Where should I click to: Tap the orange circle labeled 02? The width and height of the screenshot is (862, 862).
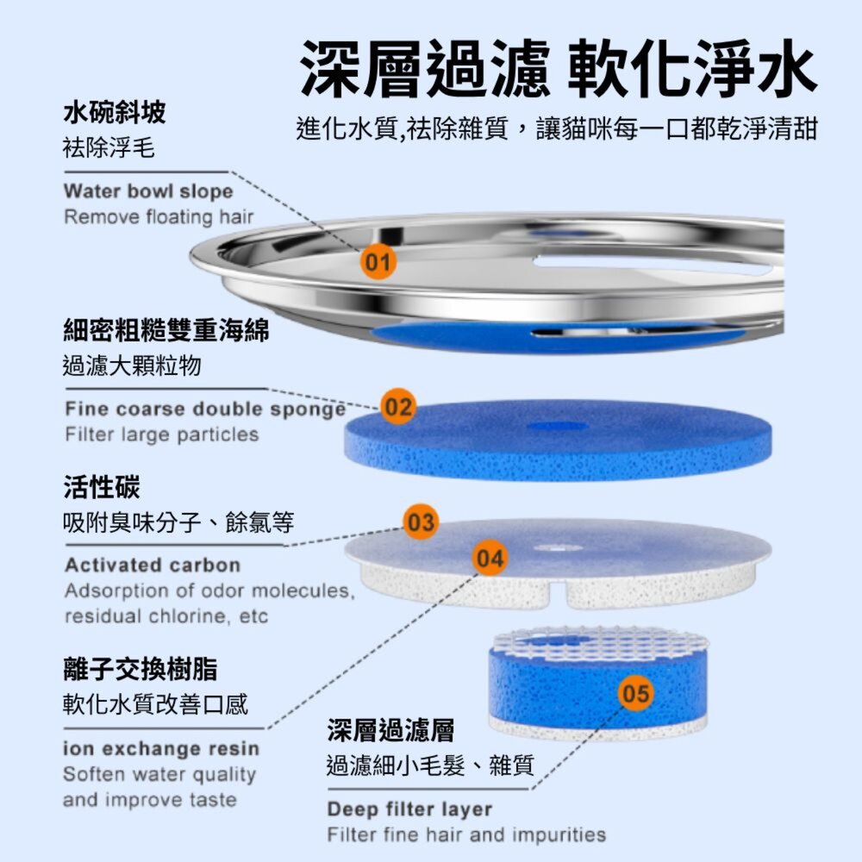397,407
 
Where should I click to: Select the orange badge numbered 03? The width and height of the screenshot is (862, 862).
422,522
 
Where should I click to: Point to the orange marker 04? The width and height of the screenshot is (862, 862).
490,559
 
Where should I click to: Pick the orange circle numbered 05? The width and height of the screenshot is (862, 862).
636,694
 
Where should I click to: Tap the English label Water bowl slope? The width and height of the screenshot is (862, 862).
148,191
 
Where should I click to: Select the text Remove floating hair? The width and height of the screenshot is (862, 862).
159,216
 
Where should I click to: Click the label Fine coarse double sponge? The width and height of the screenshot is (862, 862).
205,408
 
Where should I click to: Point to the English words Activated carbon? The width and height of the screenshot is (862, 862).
153,565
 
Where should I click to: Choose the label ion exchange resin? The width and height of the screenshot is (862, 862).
161,748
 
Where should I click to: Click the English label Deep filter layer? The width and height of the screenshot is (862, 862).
409,809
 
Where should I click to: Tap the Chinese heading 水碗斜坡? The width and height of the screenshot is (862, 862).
115,111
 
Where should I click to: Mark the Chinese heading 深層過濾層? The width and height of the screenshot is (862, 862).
390,730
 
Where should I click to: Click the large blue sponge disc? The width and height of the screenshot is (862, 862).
560,440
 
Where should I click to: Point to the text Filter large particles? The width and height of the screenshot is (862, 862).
162,434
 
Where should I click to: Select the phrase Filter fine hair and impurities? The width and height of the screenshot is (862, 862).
466,834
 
